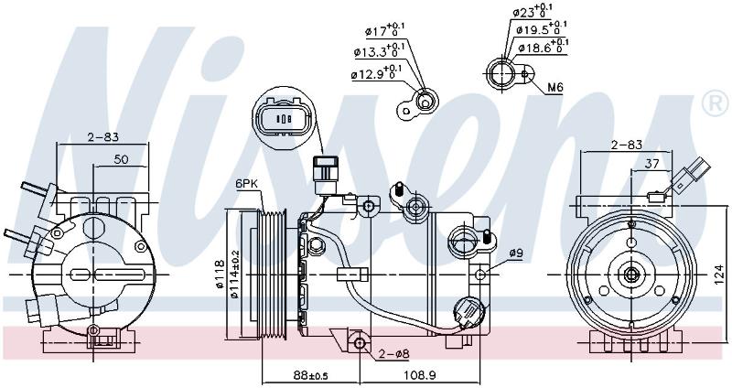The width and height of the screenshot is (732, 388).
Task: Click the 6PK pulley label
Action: (x=245, y=184)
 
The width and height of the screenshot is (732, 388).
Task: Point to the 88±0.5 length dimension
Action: (x=310, y=375)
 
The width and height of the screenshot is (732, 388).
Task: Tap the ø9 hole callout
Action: (x=515, y=253)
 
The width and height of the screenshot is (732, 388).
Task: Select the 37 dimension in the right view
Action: (x=651, y=164)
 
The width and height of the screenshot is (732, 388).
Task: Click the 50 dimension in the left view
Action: (x=121, y=159)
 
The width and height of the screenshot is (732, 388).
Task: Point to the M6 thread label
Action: (x=555, y=87)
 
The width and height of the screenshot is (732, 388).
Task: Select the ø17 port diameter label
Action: (x=384, y=30)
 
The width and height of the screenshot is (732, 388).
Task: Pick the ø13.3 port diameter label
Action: (x=378, y=50)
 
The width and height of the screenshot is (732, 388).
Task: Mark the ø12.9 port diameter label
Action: (x=377, y=72)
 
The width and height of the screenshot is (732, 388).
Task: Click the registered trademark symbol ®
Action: (x=716, y=104)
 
